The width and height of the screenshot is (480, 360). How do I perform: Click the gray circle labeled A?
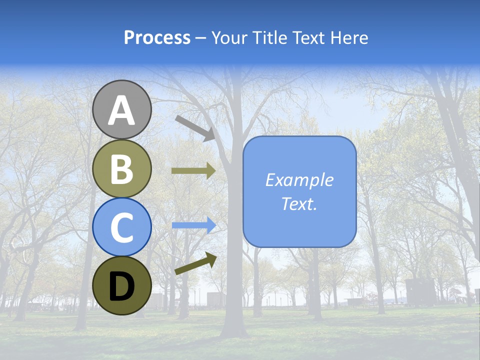pos(122,109)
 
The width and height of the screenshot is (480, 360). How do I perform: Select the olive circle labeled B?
pos(122,168)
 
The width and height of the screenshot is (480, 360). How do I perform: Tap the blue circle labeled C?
pos(122,227)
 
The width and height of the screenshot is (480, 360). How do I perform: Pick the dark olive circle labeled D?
pos(122,285)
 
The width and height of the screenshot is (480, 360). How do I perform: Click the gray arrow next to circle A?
pos(195,127)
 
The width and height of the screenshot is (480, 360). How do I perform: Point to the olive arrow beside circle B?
pos(193,170)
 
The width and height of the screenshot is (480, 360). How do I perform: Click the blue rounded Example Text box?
pos(299,191)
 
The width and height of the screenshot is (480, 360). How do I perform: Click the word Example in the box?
pos(299,180)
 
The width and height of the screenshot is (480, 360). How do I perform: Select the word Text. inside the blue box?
pos(299,203)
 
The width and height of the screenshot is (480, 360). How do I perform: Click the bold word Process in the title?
pos(157,37)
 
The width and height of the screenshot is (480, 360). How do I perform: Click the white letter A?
pos(122,110)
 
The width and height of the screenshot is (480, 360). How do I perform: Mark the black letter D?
pos(122,286)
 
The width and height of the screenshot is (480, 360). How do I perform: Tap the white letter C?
pos(122,228)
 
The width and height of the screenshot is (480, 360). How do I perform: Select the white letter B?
pos(122,169)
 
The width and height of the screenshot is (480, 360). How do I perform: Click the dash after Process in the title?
pos(200,38)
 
